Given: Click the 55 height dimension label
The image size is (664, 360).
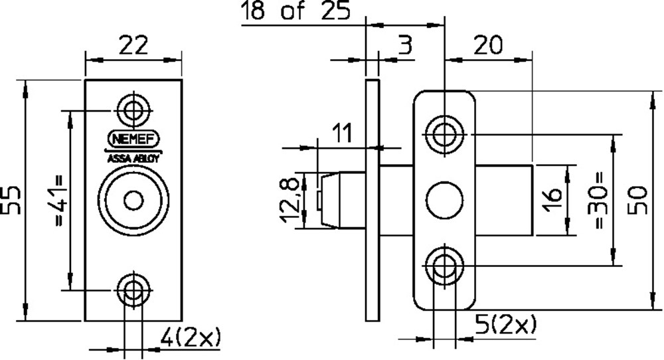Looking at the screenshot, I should point(13,200).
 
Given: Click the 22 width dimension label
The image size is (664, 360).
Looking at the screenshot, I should point(133,47).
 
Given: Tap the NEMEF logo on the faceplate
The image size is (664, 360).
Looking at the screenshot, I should point(133,139).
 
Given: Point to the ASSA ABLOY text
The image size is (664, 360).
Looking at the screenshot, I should point(133,159).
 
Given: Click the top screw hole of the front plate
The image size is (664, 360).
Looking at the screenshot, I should point(133,110).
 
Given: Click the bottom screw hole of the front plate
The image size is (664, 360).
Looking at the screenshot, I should point(133,290).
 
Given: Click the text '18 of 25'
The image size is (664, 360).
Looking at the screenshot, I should point(295,12).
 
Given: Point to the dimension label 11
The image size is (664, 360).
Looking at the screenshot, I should point(341,133).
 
